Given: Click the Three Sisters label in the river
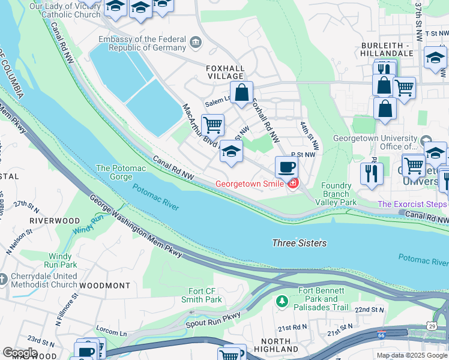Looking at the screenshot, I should (300, 243).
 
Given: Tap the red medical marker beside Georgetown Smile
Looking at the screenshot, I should (292, 184).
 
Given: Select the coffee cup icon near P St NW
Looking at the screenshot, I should (286, 166).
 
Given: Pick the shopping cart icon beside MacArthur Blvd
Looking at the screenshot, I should (212, 125).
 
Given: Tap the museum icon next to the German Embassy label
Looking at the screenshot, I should (195, 42).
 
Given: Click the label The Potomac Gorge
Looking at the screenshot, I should (120, 173).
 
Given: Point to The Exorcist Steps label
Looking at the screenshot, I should (412, 205).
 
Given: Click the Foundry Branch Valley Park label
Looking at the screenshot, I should (336, 194).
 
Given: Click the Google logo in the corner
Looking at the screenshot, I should (19, 353).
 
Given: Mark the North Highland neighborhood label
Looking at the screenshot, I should (276, 345).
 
